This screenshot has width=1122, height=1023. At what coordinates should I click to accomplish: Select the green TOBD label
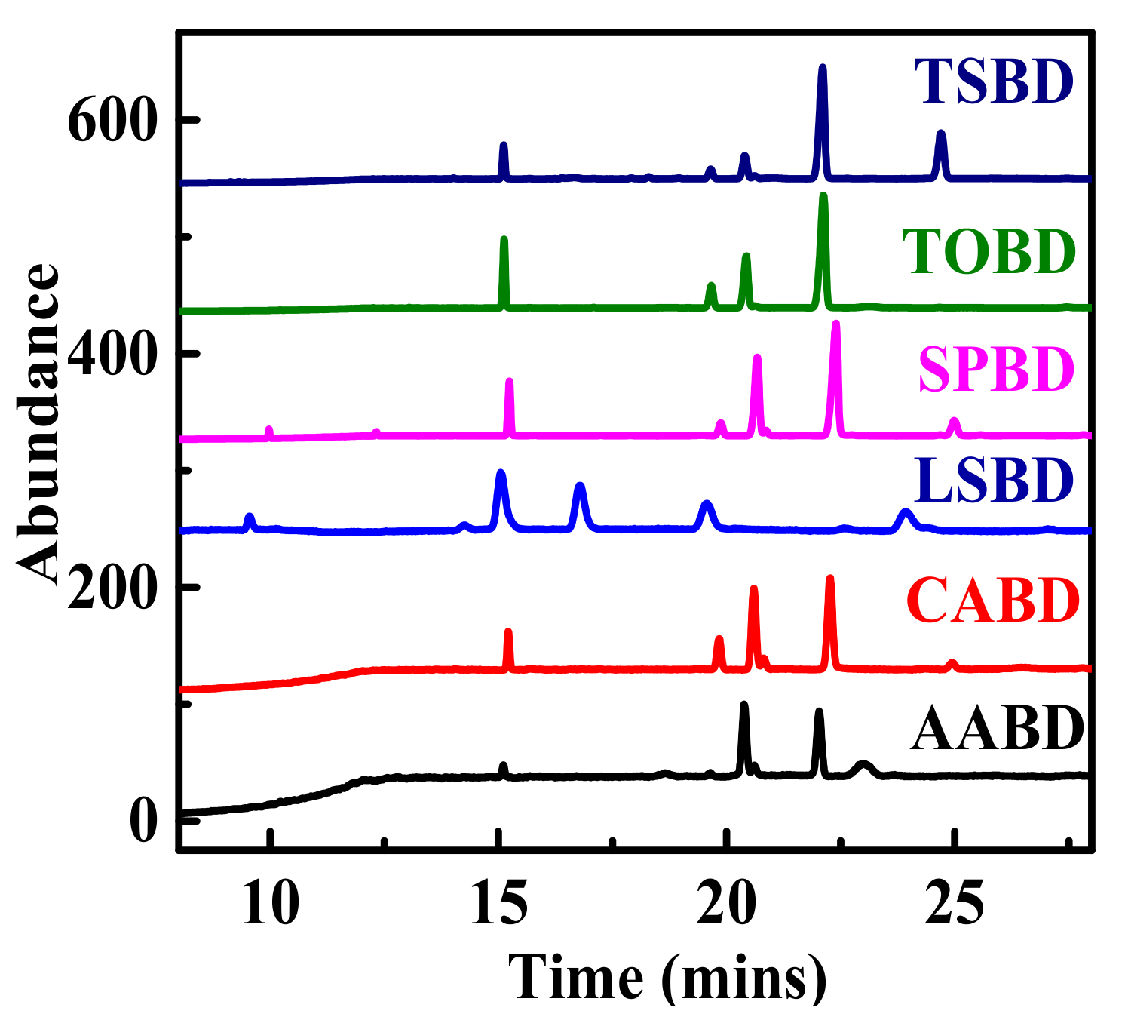(x=989, y=251)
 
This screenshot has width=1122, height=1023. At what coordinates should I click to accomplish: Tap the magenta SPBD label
(x=995, y=369)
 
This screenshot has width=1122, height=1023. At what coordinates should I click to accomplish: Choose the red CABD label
(x=993, y=601)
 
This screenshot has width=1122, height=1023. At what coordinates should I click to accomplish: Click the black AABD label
(x=997, y=729)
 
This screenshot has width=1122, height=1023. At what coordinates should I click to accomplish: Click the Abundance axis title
(x=38, y=422)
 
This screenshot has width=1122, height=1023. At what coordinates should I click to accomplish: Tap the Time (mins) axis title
(x=667, y=978)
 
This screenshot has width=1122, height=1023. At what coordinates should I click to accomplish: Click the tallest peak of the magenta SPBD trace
(x=835, y=324)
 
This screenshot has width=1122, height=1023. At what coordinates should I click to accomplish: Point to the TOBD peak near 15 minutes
(x=504, y=240)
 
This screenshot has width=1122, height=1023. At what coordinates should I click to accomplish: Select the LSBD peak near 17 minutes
(x=579, y=487)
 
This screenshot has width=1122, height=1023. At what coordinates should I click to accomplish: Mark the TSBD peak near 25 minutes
(x=940, y=134)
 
